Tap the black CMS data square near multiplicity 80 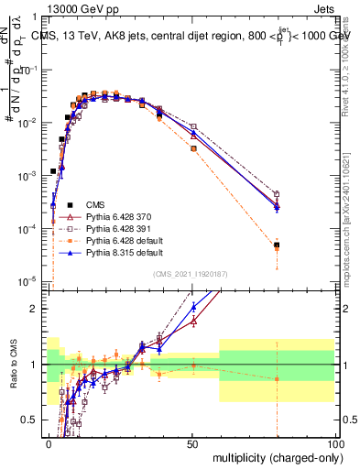(277, 245)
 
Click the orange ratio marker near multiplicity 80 (277, 378)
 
